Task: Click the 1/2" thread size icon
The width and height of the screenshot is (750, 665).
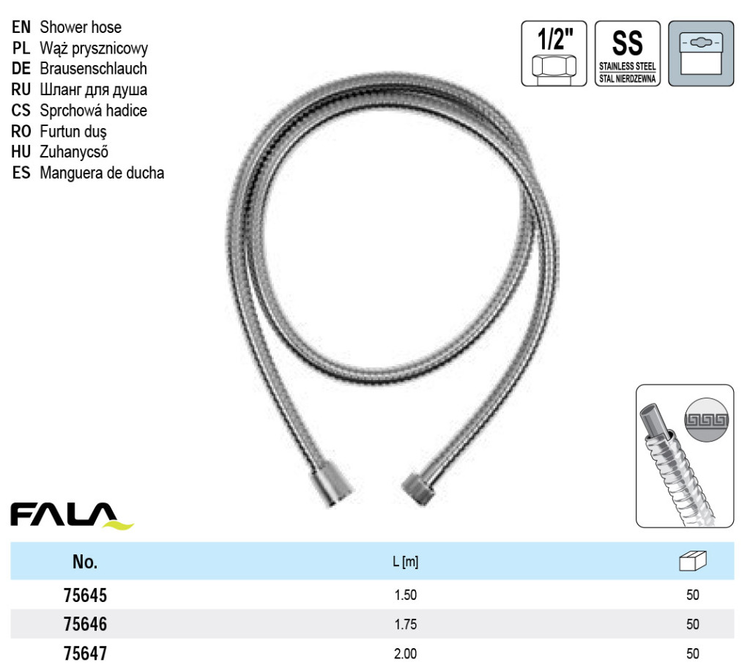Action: point(554,53)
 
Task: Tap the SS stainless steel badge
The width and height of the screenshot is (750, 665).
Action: point(628,53)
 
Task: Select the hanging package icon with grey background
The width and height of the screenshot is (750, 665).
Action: point(701,53)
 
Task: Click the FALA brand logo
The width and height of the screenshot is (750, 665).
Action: point(72,516)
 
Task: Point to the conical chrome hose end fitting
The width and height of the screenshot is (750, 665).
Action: point(333,483)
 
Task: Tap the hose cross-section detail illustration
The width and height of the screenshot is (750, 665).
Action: point(685,456)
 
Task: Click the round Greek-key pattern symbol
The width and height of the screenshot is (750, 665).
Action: point(707,420)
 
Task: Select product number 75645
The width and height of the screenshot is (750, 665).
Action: point(85,595)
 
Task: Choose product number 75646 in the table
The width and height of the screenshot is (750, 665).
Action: point(85,624)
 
